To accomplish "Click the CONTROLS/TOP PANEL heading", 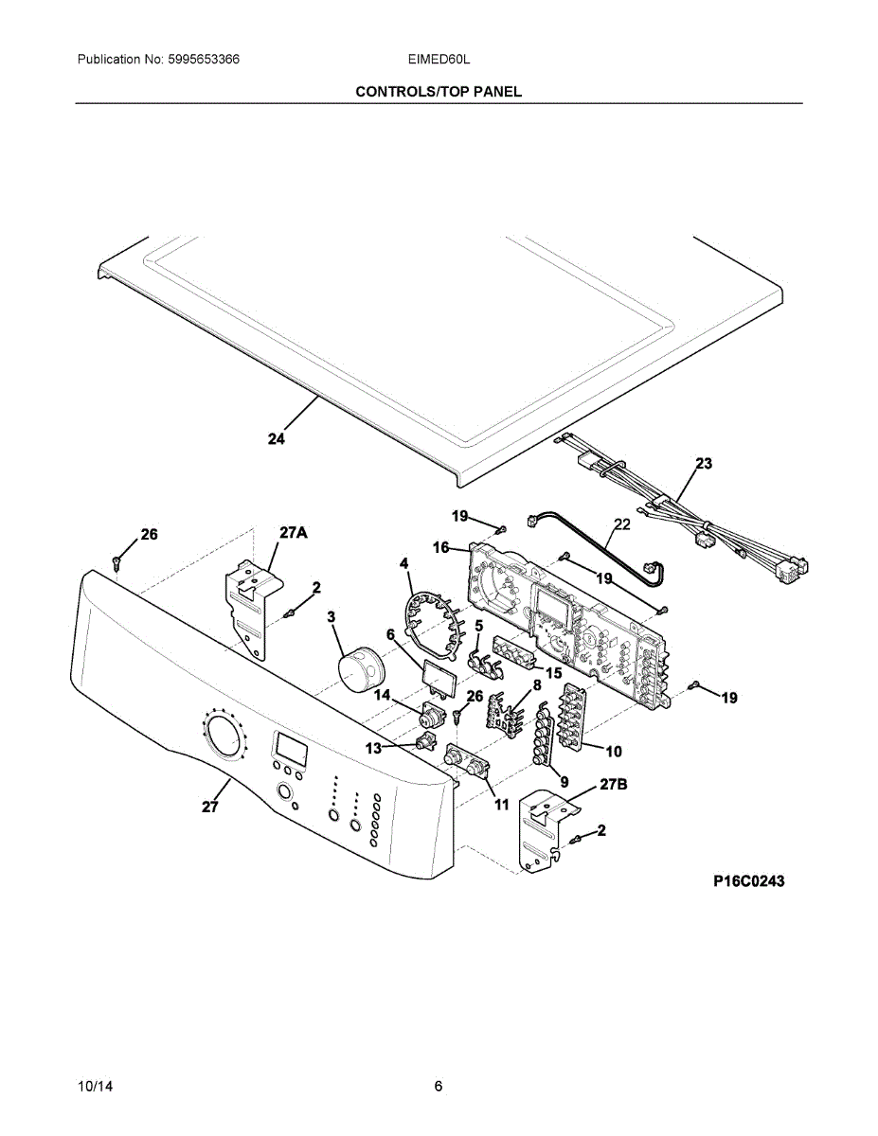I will point(439,92).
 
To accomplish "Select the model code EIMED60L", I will point(439,60).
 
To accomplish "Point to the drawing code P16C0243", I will point(748,881).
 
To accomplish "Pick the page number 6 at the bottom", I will point(439,1086).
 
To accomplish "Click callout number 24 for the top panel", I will point(277,439).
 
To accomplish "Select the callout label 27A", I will point(293,533).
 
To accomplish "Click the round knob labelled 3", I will point(359,669).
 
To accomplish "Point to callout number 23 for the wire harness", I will point(704,464).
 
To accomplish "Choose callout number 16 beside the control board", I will point(441,548).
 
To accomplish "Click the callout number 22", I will point(622,524).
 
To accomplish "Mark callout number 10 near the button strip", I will point(614,752).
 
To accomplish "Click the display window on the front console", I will point(290,749).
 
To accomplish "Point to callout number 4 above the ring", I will point(404,563).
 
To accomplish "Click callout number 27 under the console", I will point(210,808).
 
